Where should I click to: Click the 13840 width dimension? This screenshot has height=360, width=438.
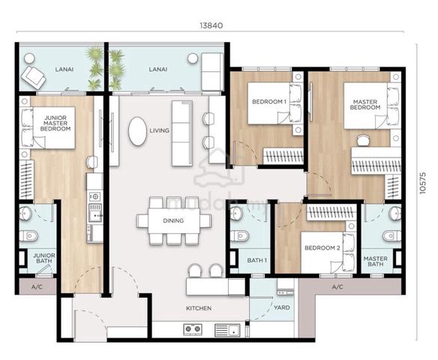(x=211, y=25)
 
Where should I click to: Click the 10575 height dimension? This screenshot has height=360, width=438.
(x=423, y=183)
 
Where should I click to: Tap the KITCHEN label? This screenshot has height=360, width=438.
(x=199, y=308)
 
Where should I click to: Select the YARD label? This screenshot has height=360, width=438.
(x=281, y=307)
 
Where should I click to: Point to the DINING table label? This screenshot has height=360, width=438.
(x=173, y=220)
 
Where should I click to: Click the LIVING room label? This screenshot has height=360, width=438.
(x=159, y=130)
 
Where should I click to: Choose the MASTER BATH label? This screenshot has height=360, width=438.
(x=376, y=261)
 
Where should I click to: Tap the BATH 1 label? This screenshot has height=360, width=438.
(x=257, y=260)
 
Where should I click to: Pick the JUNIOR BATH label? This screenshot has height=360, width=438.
(x=44, y=258)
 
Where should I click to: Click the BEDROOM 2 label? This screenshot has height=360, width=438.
(x=322, y=247)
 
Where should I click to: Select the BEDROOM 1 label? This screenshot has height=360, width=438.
(x=269, y=102)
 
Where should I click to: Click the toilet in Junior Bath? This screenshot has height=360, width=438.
(x=28, y=235)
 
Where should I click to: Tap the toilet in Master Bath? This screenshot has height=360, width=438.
(x=392, y=235)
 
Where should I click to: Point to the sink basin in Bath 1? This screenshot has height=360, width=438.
(x=235, y=213)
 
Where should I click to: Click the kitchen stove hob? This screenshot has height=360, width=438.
(x=193, y=330)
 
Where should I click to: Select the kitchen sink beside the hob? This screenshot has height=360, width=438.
(x=227, y=330)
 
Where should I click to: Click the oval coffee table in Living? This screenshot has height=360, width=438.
(x=137, y=131)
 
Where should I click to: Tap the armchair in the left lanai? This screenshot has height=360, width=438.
(x=34, y=77)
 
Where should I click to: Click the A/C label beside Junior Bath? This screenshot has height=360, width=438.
(x=37, y=286)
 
